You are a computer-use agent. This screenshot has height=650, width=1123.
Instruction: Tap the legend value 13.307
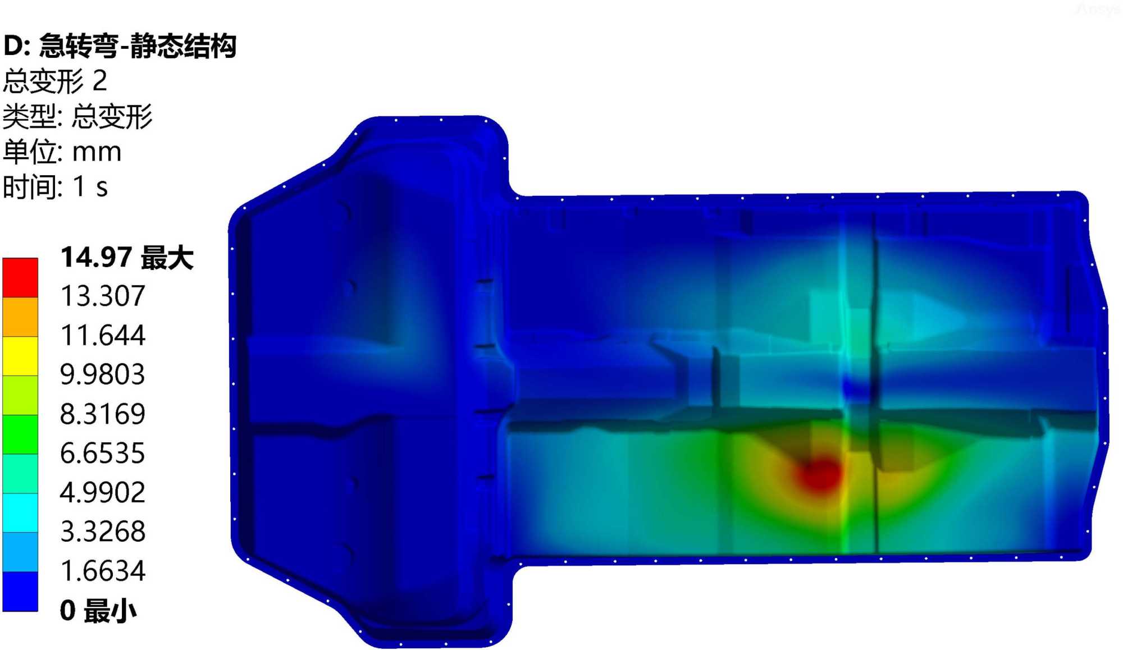(103, 296)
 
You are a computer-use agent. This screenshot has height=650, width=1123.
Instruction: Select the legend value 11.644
(103, 335)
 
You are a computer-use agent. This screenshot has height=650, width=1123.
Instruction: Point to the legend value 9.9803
(103, 374)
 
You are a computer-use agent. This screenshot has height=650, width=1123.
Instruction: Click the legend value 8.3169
(103, 414)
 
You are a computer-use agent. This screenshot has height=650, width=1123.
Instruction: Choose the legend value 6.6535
(103, 453)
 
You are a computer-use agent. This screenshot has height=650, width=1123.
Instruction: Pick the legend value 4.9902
(103, 492)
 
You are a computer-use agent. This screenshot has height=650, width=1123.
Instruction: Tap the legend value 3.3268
(103, 531)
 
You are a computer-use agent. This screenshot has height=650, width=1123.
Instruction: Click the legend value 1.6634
(103, 570)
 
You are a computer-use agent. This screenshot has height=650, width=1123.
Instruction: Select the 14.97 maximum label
(127, 258)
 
